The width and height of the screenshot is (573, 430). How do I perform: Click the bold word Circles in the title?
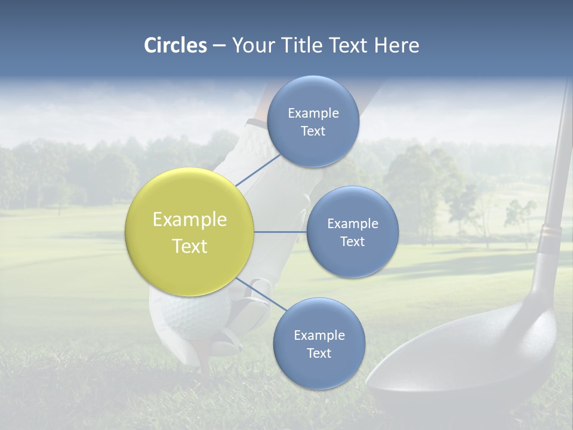coord(175,45)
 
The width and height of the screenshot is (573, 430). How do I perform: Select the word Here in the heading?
coord(396,45)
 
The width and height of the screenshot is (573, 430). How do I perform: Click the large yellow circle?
coord(190,232)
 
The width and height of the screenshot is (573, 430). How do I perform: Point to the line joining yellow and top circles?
coord(258,170)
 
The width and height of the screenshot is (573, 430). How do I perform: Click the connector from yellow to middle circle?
coord(281,232)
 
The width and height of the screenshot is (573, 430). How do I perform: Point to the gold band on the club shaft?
coord(550,233)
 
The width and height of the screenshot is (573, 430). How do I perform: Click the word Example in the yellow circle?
coord(190,220)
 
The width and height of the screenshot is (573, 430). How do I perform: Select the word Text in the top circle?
coord(313,131)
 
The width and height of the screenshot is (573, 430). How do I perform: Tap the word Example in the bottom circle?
coord(319,335)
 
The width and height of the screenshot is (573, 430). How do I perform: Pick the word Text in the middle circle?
coord(352,241)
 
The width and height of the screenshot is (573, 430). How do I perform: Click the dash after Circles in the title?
coord(218,46)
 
